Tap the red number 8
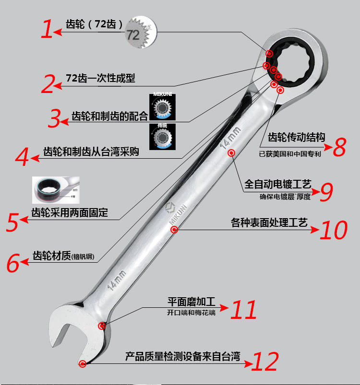[x=339, y=147]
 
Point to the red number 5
[x=13, y=222]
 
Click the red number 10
[x=334, y=230]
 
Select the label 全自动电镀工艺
[x=278, y=184]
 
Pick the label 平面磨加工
[x=191, y=302]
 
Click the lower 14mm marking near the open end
[x=117, y=280]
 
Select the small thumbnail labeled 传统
[x=162, y=137]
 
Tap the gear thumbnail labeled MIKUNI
[x=162, y=107]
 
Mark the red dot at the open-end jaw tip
[x=83, y=364]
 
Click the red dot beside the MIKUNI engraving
[x=175, y=230]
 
